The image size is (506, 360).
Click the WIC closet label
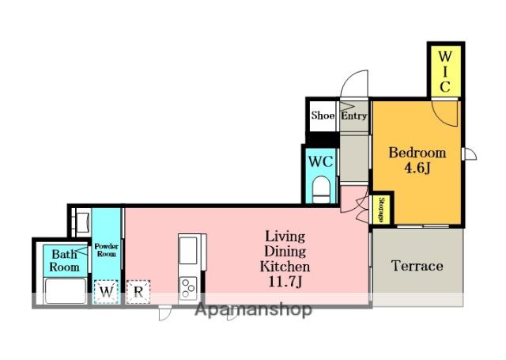coord(444,72)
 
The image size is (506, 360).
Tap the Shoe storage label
coord(323,116)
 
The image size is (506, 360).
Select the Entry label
coord(353,116)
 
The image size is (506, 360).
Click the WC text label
coord(320,161)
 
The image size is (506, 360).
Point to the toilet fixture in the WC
coord(321,189)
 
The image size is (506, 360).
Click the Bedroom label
coord(417,153)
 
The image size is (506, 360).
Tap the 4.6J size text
coord(417,168)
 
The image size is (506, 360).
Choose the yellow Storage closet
coord(381,210)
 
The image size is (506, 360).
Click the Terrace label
coord(417,266)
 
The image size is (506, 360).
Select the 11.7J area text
coord(285,282)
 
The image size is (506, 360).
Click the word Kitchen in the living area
coord(285,267)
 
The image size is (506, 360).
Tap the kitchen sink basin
coord(188,250)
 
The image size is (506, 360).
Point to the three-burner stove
coord(188,288)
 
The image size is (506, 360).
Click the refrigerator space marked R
coord(138,292)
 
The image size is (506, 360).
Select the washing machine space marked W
coord(106,292)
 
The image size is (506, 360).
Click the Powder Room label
coord(106,250)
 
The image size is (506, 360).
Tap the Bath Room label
coord(65,260)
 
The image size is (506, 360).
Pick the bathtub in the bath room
coord(66,291)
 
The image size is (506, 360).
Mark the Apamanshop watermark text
coord(253,310)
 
